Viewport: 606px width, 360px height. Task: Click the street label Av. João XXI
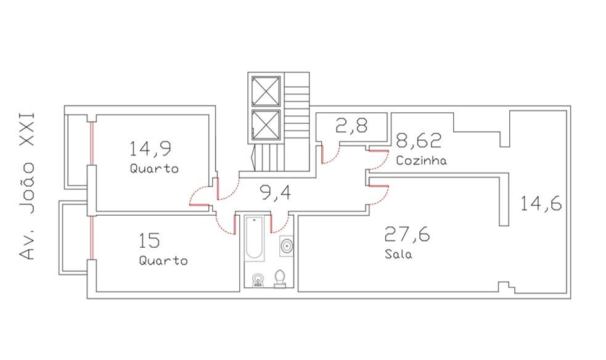[x=27, y=186]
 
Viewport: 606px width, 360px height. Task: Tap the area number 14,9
[x=150, y=149]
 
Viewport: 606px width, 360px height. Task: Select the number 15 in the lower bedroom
[x=149, y=240]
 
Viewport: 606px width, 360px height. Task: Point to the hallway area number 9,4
[x=276, y=192]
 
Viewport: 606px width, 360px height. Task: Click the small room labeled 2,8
[x=351, y=126]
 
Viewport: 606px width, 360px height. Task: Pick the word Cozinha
[x=421, y=160]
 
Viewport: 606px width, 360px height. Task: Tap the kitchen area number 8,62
[x=419, y=141]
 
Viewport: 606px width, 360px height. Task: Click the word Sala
[x=398, y=254]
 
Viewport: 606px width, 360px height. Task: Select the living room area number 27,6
[x=407, y=234]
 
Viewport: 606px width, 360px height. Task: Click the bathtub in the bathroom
[x=255, y=239]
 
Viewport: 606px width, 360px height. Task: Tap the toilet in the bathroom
[x=280, y=279]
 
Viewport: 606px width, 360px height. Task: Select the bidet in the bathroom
[x=258, y=280]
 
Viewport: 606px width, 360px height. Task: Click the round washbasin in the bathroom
[x=287, y=246]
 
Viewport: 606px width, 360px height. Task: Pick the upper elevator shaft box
[x=266, y=91]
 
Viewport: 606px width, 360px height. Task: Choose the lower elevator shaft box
[x=266, y=125]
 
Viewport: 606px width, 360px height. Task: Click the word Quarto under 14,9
[x=154, y=169]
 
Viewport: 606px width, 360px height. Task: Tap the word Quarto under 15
[x=163, y=260]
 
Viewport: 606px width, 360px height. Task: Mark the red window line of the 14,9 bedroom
[x=92, y=144]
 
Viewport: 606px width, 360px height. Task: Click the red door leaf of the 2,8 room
[x=322, y=155]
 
